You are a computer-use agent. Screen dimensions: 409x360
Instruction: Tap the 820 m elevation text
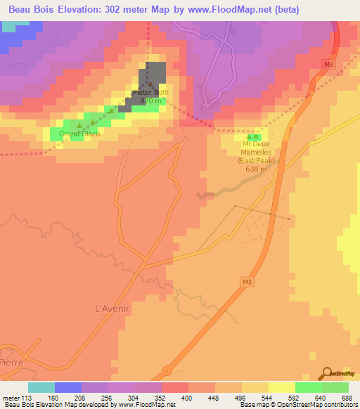coord(151,100)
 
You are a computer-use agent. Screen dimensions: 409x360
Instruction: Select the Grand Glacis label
coord(79,134)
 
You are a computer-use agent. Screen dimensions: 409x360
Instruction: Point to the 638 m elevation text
coord(256,169)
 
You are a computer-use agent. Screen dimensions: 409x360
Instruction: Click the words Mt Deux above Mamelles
coord(256,144)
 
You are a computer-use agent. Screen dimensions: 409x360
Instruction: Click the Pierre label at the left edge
coord(11,362)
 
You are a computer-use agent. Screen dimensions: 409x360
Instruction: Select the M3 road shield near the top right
coord(329,63)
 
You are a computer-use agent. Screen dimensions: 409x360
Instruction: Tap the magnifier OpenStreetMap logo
coord(326,373)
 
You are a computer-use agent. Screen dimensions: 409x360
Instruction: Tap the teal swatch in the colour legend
coord(41,387)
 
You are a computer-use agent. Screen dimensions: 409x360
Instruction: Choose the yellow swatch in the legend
coord(281,387)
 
